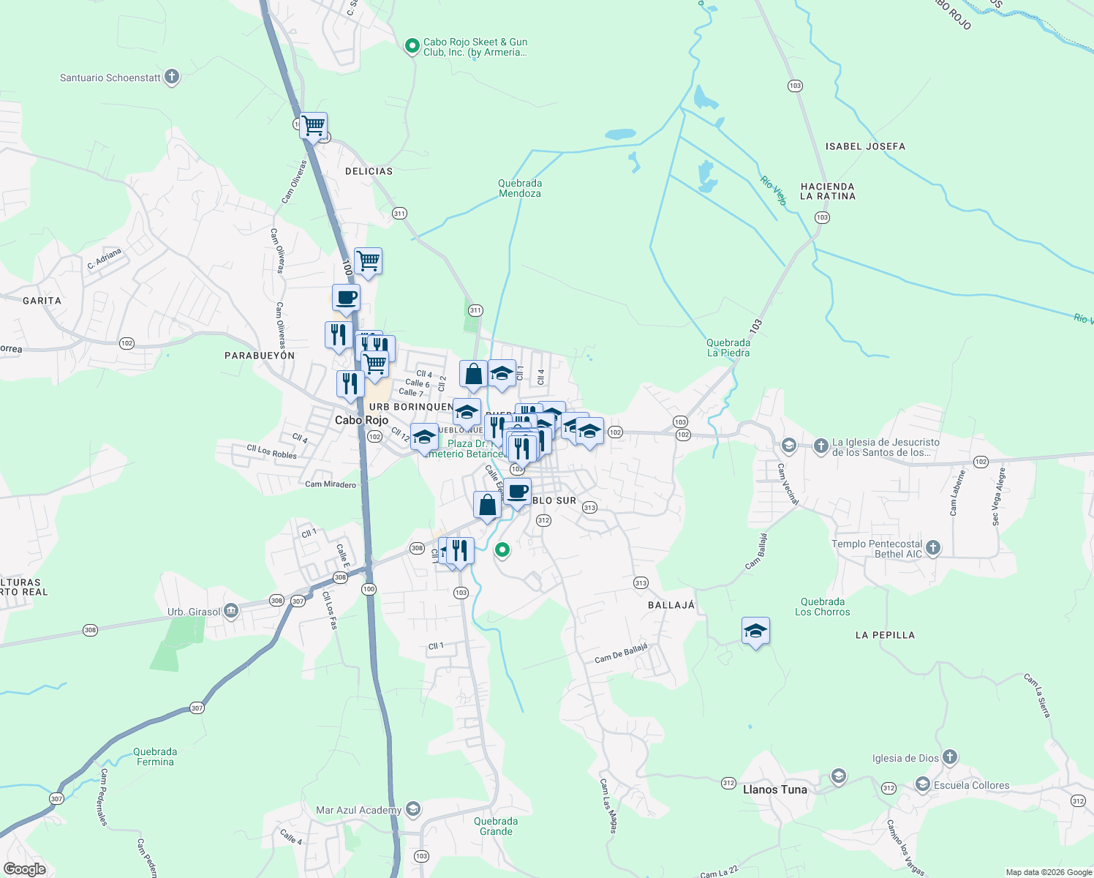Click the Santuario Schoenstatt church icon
[172, 77]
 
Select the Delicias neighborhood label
[369, 171]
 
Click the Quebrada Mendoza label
[520, 189]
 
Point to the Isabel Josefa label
[865, 146]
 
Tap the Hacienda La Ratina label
[827, 192]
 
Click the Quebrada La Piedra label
[728, 348]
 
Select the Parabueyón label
[260, 356]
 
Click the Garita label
[42, 301]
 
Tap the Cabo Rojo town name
[361, 420]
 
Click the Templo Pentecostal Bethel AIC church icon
[933, 547]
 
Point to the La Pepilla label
[885, 635]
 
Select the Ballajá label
[671, 605]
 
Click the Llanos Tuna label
[775, 789]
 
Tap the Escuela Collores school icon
[923, 785]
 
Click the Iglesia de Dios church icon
[949, 757]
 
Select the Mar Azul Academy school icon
[412, 809]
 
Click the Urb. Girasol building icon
[231, 610]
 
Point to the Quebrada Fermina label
[155, 757]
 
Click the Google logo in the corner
[25, 868]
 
